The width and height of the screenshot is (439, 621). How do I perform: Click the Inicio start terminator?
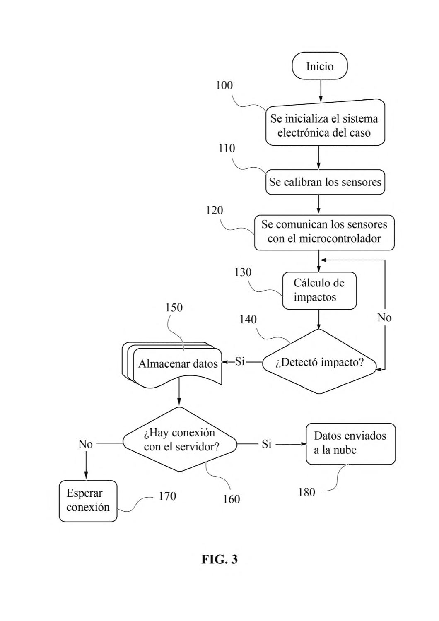click(319, 66)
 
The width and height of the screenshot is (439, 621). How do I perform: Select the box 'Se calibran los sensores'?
click(325, 182)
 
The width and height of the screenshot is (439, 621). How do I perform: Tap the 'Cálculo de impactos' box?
click(319, 290)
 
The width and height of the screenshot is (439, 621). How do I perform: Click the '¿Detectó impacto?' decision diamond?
click(319, 361)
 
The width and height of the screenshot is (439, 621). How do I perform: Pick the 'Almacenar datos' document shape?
click(172, 365)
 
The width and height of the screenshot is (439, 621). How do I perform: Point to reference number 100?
click(224, 85)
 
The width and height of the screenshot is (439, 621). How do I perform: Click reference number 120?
click(214, 210)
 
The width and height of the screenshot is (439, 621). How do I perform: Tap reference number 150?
click(174, 308)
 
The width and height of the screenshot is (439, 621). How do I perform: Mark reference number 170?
click(167, 496)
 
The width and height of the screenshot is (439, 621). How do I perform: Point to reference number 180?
click(306, 492)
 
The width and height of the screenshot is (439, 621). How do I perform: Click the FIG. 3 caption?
click(219, 559)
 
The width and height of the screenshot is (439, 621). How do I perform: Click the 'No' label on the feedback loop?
click(384, 318)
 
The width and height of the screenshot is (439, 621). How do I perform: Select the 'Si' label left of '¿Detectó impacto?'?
click(240, 361)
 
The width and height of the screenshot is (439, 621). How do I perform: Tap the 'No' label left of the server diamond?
click(85, 444)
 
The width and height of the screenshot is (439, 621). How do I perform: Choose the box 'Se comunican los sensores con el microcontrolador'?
click(324, 232)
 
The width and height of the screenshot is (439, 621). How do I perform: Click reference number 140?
click(248, 320)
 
